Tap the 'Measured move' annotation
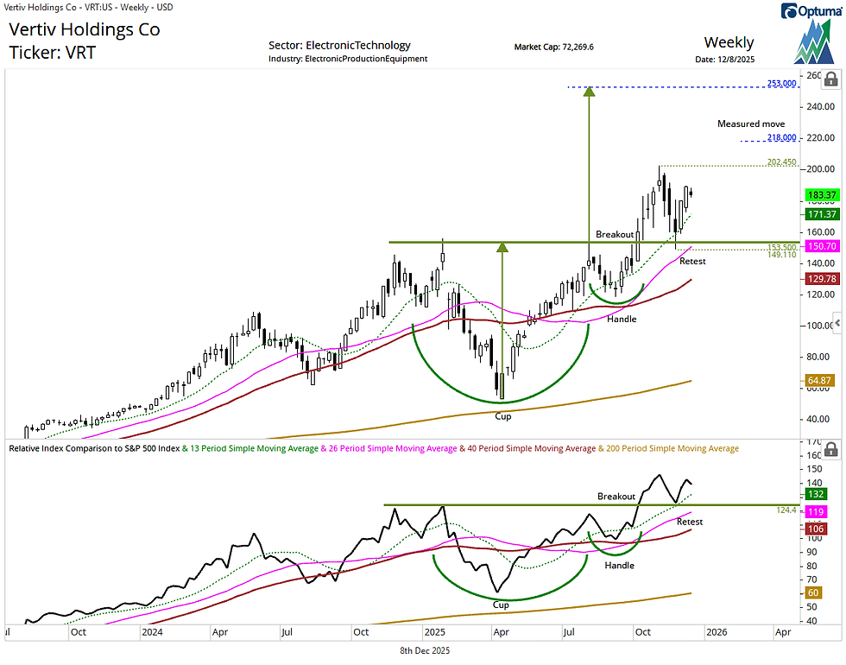pos(751,124)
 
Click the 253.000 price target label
pos(781,84)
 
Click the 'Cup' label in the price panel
pos(502,416)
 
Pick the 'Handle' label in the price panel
pos(622,320)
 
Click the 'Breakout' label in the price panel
pos(615,235)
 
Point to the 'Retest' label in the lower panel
pos(690,522)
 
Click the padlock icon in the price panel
pos(830,80)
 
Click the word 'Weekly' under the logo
pos(729,42)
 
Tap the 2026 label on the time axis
pos(716,632)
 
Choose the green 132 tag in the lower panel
pos(814,494)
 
